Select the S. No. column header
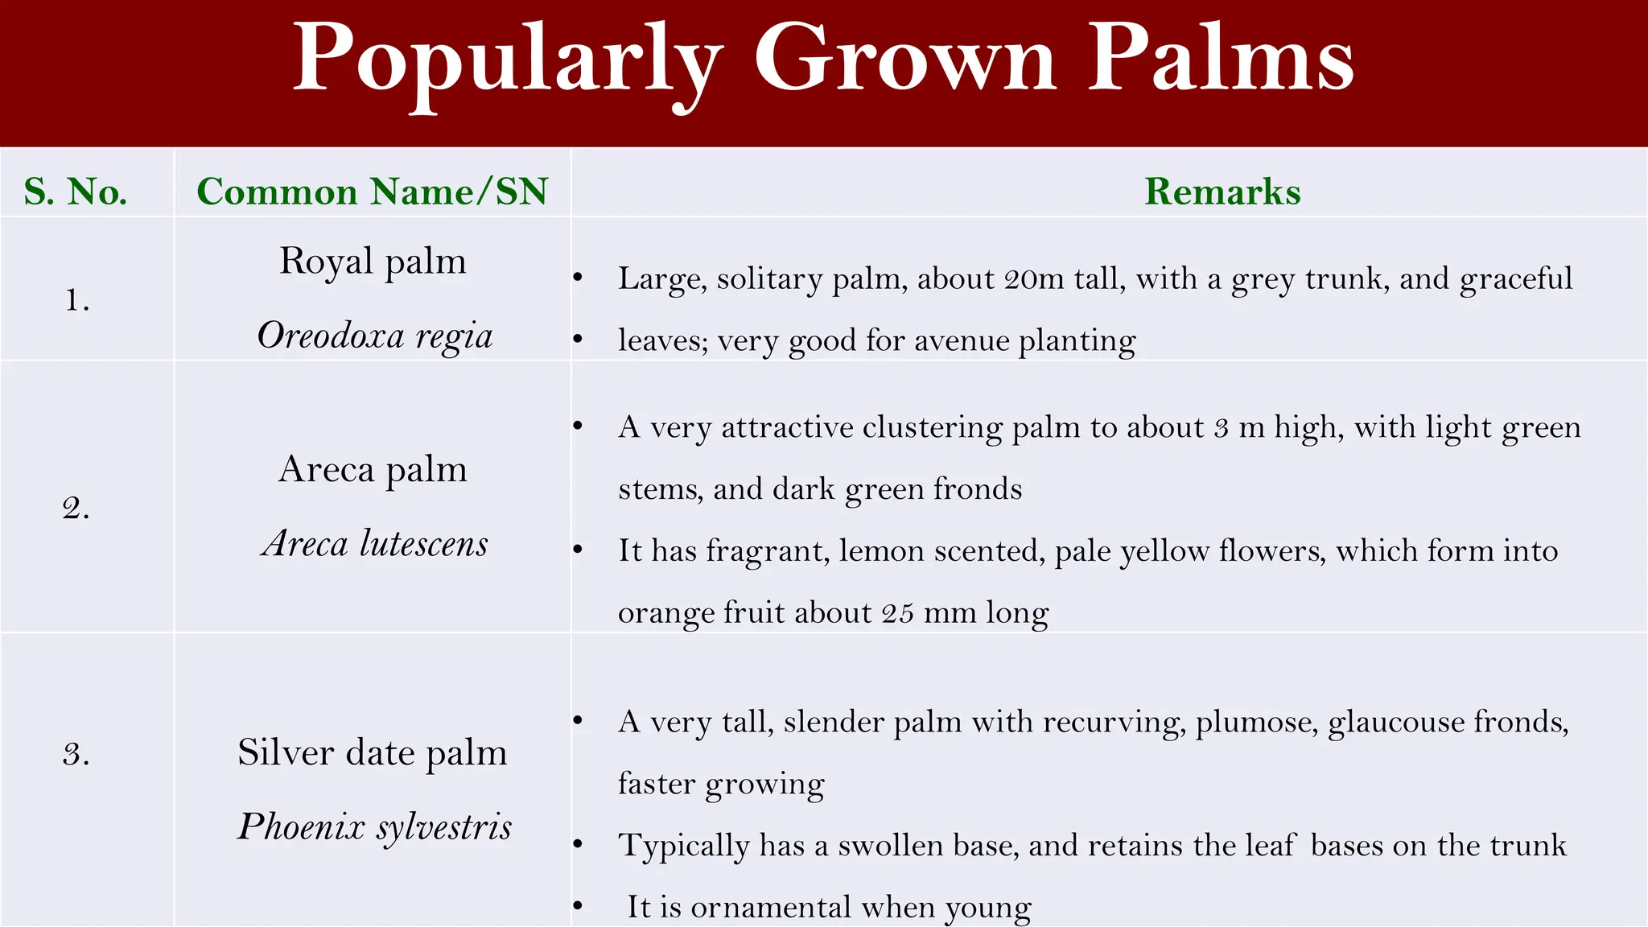[x=76, y=192]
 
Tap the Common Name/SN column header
[x=372, y=192]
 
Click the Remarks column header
[x=1222, y=192]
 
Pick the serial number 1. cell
[x=76, y=300]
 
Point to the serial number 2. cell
[x=76, y=508]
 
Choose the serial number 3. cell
[x=76, y=754]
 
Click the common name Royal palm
[x=373, y=262]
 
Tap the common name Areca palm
[x=373, y=469]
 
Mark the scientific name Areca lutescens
[x=375, y=544]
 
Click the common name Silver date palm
[x=373, y=753]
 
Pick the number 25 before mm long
[x=897, y=613]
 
